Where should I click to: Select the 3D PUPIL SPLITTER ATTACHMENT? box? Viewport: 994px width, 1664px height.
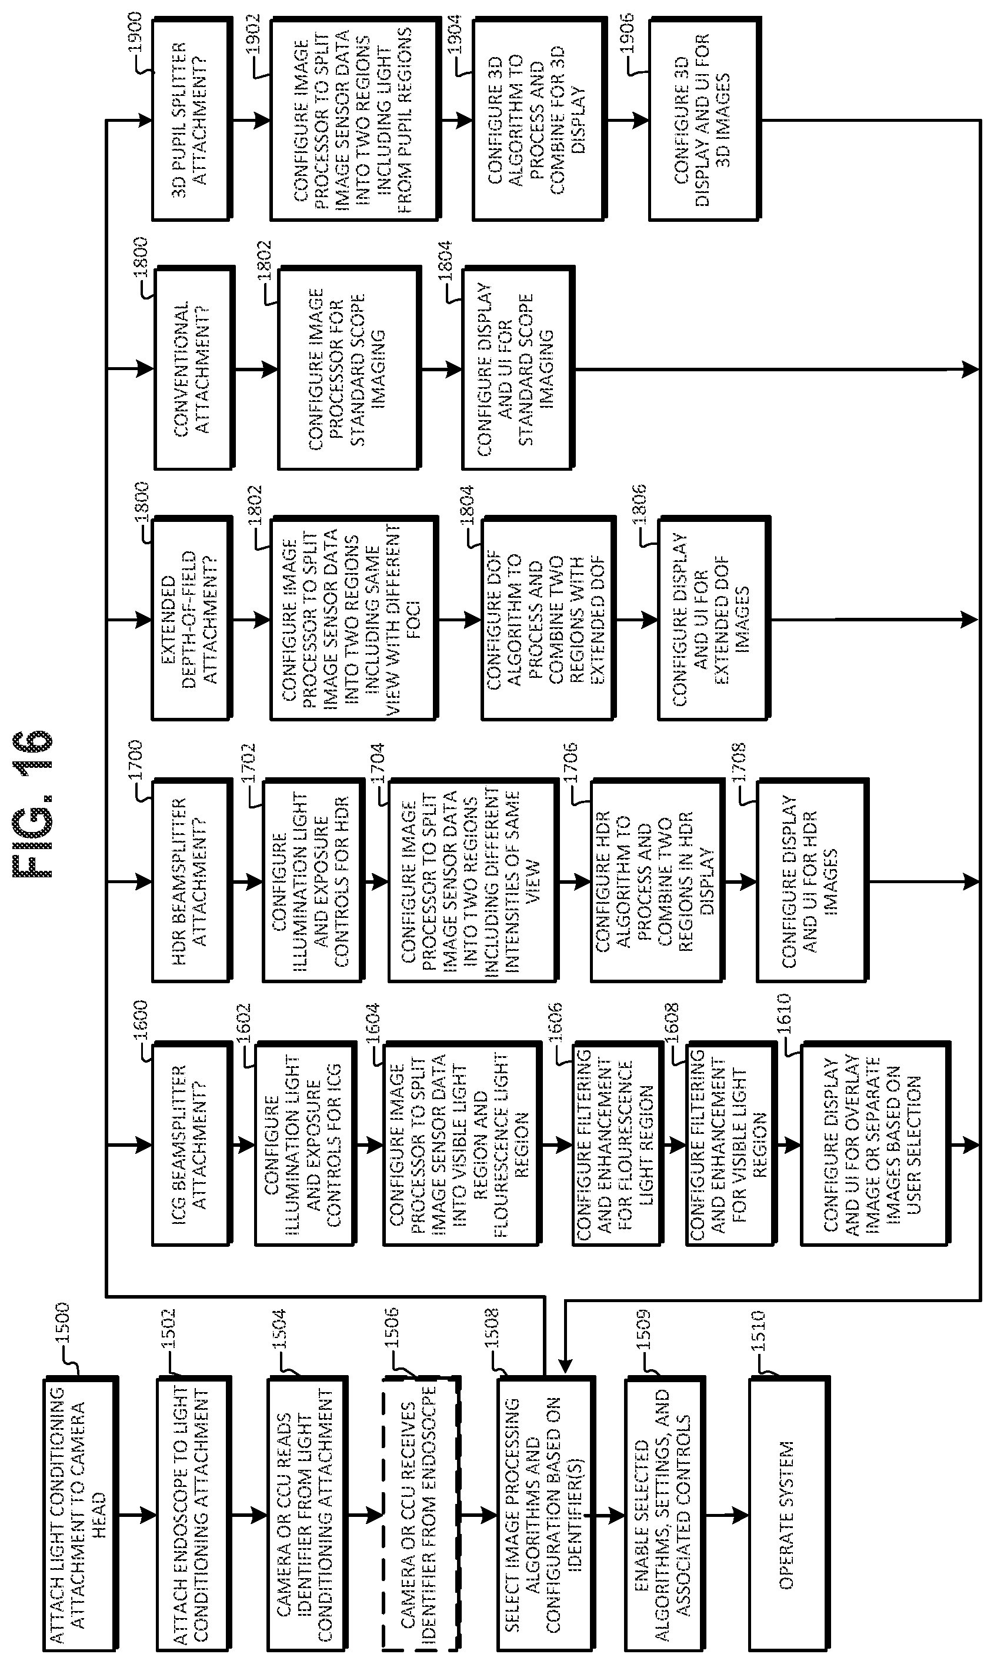pos(192,119)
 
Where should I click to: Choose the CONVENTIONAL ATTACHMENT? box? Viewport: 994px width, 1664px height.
pos(195,368)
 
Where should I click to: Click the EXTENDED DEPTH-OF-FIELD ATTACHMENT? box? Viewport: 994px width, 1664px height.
pos(192,618)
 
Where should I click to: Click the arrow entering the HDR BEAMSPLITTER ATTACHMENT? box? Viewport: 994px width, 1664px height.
pos(129,881)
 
